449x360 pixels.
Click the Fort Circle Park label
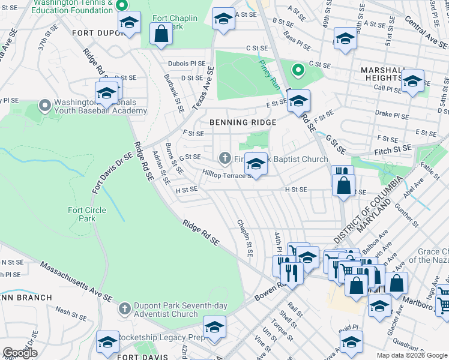(x=87, y=214)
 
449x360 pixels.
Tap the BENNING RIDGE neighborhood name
(x=243, y=122)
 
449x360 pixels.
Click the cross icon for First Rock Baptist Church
(x=224, y=158)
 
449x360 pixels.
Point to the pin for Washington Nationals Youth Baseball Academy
(x=44, y=106)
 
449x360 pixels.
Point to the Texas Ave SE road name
(x=203, y=88)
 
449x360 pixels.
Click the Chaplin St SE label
(x=246, y=239)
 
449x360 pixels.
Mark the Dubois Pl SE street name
(x=187, y=63)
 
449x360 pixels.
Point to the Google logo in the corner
(x=20, y=353)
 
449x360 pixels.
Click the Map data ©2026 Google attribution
(x=412, y=355)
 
